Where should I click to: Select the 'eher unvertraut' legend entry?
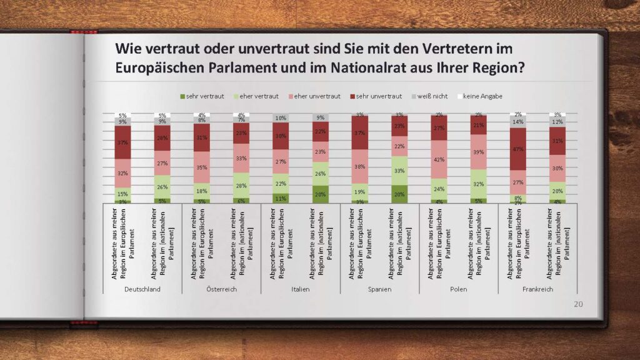pos(317,96)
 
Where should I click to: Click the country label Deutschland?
pos(142,289)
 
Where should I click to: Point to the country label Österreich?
pos(221,289)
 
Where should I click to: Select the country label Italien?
pos(301,289)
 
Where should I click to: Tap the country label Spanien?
pos(379,289)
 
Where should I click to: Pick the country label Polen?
pos(459,289)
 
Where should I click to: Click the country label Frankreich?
pos(537,289)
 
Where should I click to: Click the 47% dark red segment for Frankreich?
pos(517,149)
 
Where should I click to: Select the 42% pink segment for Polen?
pos(439,159)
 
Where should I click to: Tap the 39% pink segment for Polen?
pos(478,152)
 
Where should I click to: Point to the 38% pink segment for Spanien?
pos(359,167)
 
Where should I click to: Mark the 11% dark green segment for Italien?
pos(281,198)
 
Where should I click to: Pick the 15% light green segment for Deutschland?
pos(122,194)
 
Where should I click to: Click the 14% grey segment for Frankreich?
pos(517,122)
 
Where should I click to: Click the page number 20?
pos(578,304)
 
